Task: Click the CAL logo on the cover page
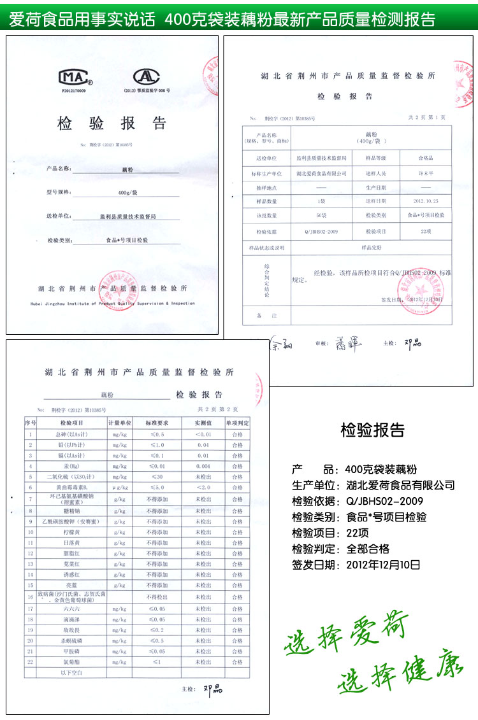click(x=146, y=76)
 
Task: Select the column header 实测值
click(x=203, y=423)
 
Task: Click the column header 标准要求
click(x=157, y=423)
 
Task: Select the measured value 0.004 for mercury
click(x=203, y=466)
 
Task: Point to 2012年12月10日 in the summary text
click(x=383, y=564)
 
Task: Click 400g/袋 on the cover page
click(x=127, y=193)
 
